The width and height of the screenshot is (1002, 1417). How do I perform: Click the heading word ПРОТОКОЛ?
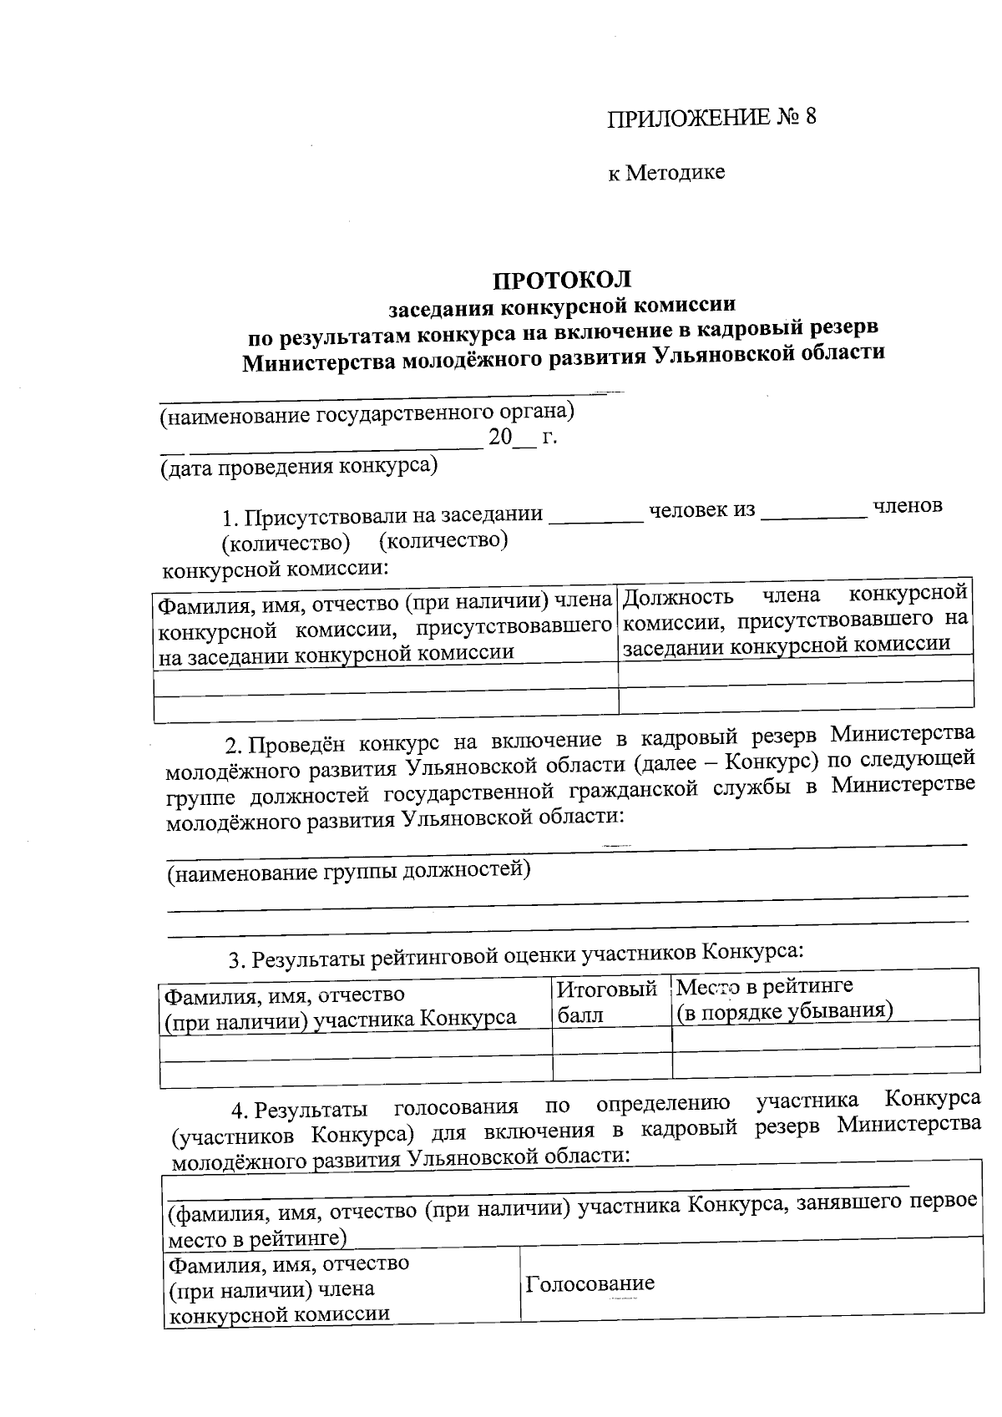pos(561,279)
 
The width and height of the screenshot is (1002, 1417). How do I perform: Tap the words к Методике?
pos(665,173)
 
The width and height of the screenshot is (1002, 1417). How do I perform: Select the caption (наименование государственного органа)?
pos(367,412)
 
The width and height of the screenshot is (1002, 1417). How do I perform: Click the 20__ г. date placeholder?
pos(523,437)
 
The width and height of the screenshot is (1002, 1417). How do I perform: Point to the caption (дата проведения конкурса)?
pos(299,466)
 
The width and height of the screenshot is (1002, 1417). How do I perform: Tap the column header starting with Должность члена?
pos(795,620)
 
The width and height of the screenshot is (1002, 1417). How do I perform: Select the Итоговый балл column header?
pos(607,1002)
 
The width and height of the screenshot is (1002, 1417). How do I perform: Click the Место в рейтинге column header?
pos(783,999)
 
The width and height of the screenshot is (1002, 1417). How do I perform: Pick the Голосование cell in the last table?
pos(590,1283)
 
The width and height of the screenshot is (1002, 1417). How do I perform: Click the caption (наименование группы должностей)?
pos(349,872)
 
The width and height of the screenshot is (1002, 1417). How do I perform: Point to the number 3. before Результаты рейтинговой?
pos(237,961)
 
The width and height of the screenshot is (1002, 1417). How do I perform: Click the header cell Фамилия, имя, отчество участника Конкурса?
pos(340,1006)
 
